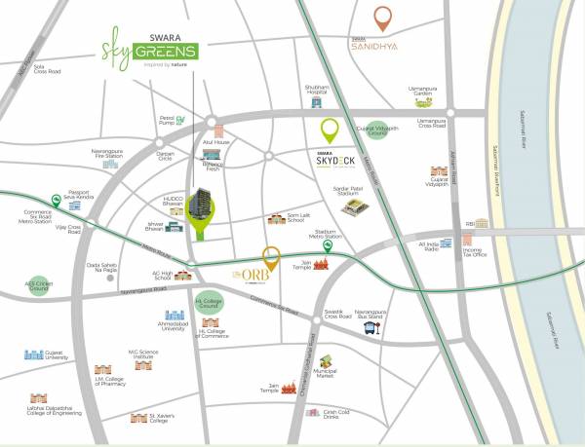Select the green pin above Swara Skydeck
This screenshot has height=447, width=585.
point(330,130)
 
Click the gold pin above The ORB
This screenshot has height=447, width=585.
point(271,257)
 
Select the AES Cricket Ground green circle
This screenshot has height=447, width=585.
point(38,283)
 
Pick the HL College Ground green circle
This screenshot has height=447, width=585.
point(209,305)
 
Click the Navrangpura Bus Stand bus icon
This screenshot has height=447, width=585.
point(370,328)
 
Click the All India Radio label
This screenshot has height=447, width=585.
point(428,246)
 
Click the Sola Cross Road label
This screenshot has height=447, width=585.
point(47,69)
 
